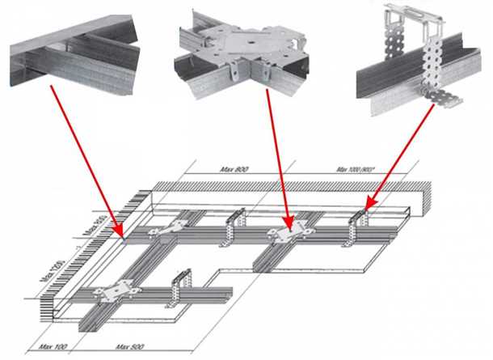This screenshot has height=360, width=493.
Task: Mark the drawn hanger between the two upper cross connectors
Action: pos(235,225)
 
